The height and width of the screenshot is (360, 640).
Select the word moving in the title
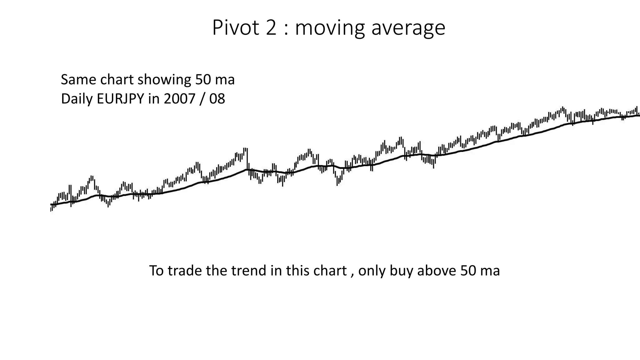pos(330,28)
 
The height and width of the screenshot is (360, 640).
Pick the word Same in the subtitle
pos(79,80)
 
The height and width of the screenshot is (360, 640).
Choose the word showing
pos(164,80)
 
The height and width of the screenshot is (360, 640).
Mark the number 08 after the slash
pos(217,99)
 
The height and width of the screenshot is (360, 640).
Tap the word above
pos(437,271)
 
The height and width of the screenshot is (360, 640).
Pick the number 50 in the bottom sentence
pos(468,271)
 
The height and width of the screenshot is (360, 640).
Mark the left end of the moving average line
pos(51,204)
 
